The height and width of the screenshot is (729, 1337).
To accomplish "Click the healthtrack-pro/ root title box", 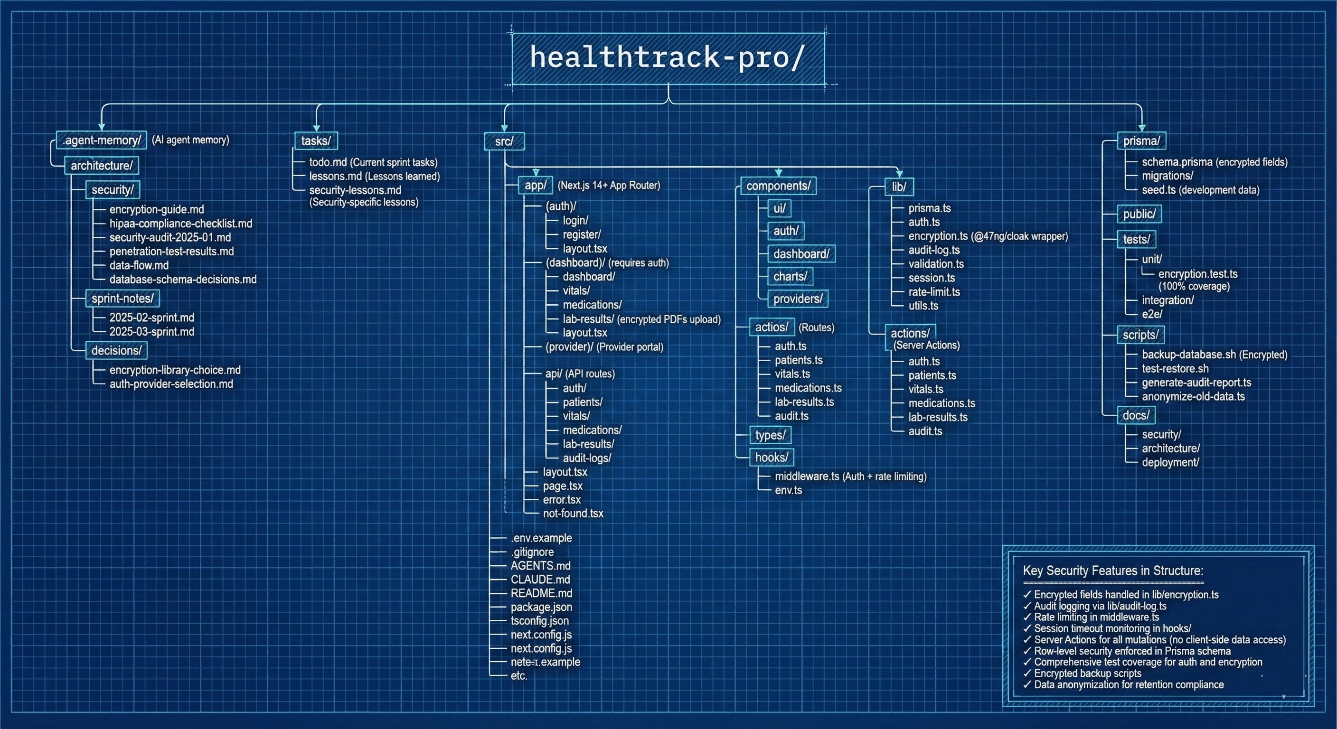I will (x=668, y=58).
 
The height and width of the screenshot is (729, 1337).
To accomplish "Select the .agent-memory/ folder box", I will (x=102, y=140).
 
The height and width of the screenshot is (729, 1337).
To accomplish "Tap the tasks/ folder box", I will (x=316, y=140).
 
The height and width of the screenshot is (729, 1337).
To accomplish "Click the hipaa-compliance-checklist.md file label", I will (x=180, y=224).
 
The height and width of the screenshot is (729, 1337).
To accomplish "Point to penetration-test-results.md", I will (x=171, y=252).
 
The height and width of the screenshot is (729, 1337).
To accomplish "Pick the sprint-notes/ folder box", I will (x=122, y=299).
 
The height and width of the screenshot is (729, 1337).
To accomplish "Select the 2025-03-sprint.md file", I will (x=151, y=332).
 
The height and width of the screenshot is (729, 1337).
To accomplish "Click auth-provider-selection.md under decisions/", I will (x=171, y=384).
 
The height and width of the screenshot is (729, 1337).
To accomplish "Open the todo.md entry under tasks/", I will (x=328, y=162).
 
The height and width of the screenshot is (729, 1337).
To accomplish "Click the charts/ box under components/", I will (x=790, y=277).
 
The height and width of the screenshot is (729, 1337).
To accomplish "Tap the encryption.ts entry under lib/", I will (x=937, y=236).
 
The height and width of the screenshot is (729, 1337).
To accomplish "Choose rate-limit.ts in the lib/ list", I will (x=934, y=292).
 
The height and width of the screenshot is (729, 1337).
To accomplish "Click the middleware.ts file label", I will (x=807, y=477).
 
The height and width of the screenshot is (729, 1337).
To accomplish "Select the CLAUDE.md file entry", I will (x=540, y=579).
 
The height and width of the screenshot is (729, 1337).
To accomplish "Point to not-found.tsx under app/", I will (x=573, y=514).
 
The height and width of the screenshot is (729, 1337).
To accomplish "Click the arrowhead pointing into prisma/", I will (x=1141, y=128).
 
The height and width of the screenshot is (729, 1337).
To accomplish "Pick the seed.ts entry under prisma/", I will (x=1159, y=190).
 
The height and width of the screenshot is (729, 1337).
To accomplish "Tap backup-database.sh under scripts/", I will (x=1188, y=355).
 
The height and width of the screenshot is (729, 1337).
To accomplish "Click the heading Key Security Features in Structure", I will (x=1113, y=571).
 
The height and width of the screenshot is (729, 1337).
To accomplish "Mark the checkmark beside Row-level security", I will (x=1026, y=651).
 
